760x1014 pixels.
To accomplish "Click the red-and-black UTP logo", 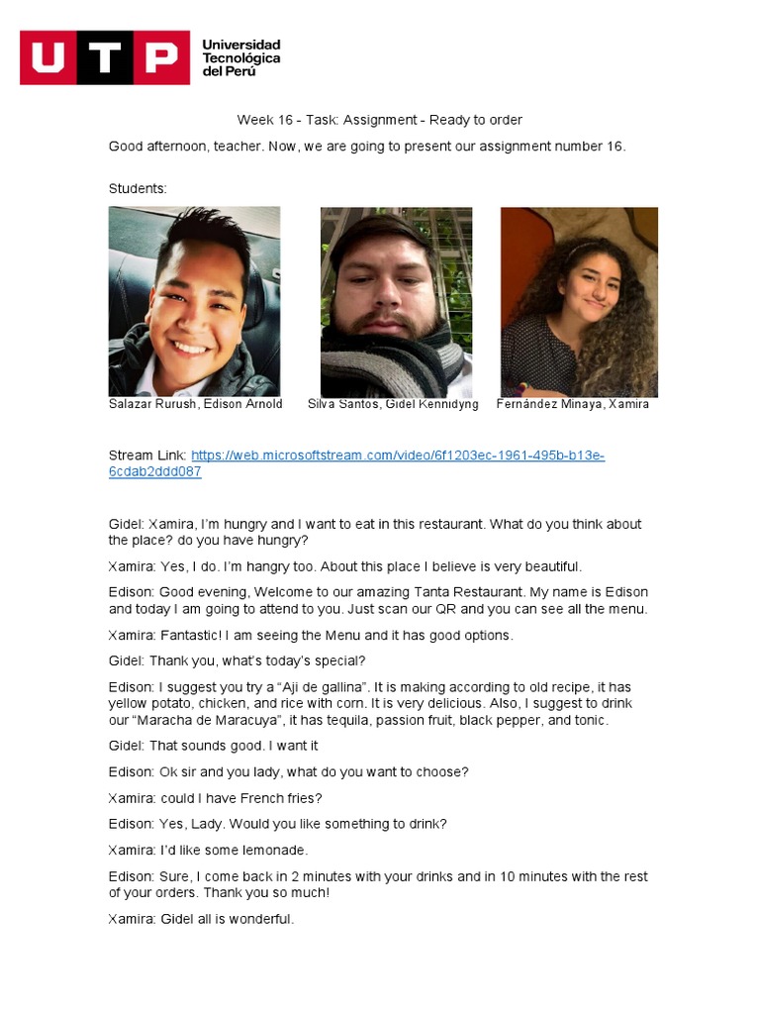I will coord(104,57).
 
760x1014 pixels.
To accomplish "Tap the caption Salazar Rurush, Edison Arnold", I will coord(196,404).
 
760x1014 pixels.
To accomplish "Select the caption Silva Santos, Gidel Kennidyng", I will coord(393,404).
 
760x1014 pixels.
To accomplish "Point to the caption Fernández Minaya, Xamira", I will coord(573,404).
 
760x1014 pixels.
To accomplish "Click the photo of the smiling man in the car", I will coord(194,301).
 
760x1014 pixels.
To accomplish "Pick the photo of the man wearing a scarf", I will coord(396,301).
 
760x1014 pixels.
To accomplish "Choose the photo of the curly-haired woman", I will coord(579,301).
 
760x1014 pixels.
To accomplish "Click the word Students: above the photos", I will coord(138,188).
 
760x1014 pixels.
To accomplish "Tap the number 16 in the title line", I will coord(286,120).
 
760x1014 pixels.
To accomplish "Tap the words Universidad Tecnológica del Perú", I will coord(240,57).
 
